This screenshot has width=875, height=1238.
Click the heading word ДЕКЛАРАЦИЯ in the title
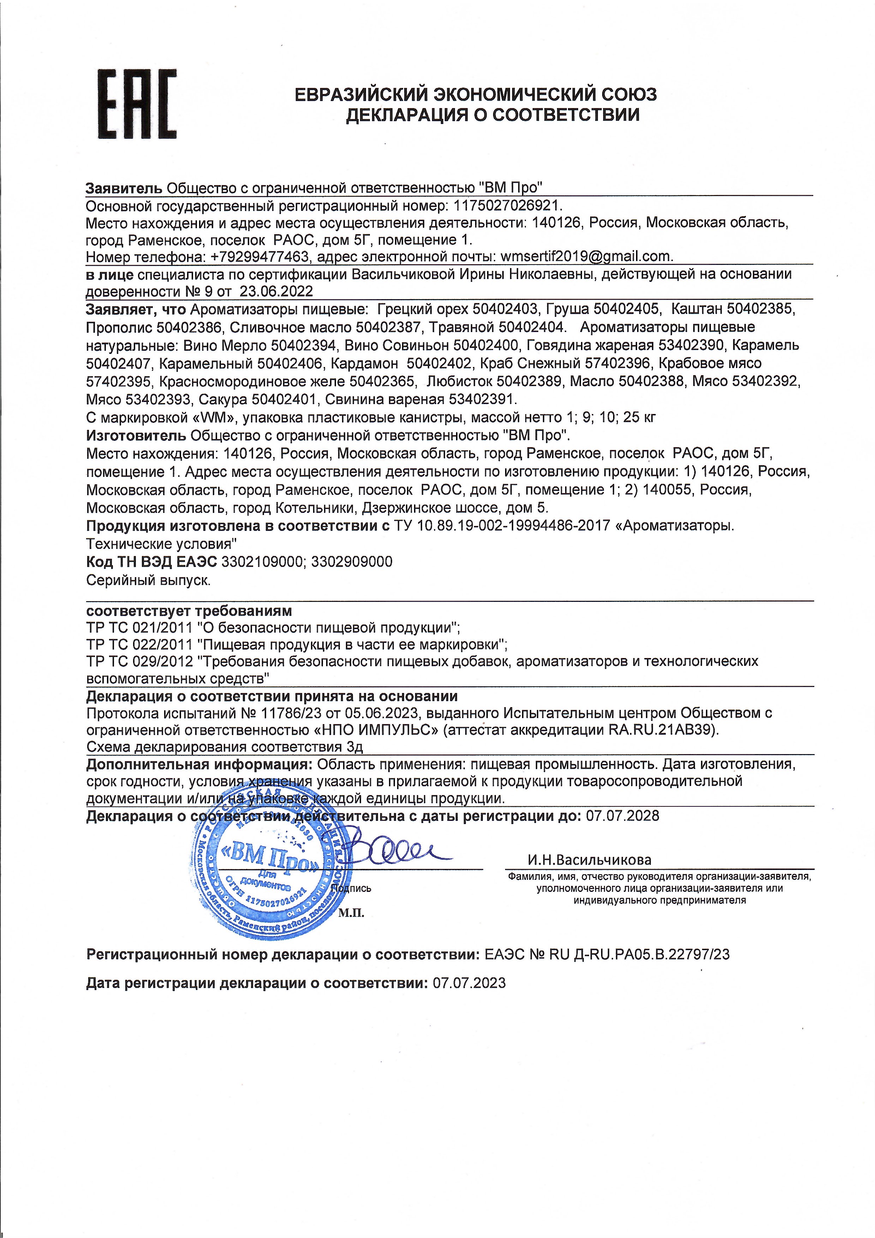click(406, 115)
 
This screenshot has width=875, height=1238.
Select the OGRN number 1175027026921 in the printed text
click(508, 206)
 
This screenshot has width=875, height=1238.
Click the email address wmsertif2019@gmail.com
click(586, 256)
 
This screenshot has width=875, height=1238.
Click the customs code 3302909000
click(352, 562)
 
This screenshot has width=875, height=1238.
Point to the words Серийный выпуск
click(149, 580)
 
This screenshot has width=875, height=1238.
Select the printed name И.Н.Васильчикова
click(589, 860)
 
